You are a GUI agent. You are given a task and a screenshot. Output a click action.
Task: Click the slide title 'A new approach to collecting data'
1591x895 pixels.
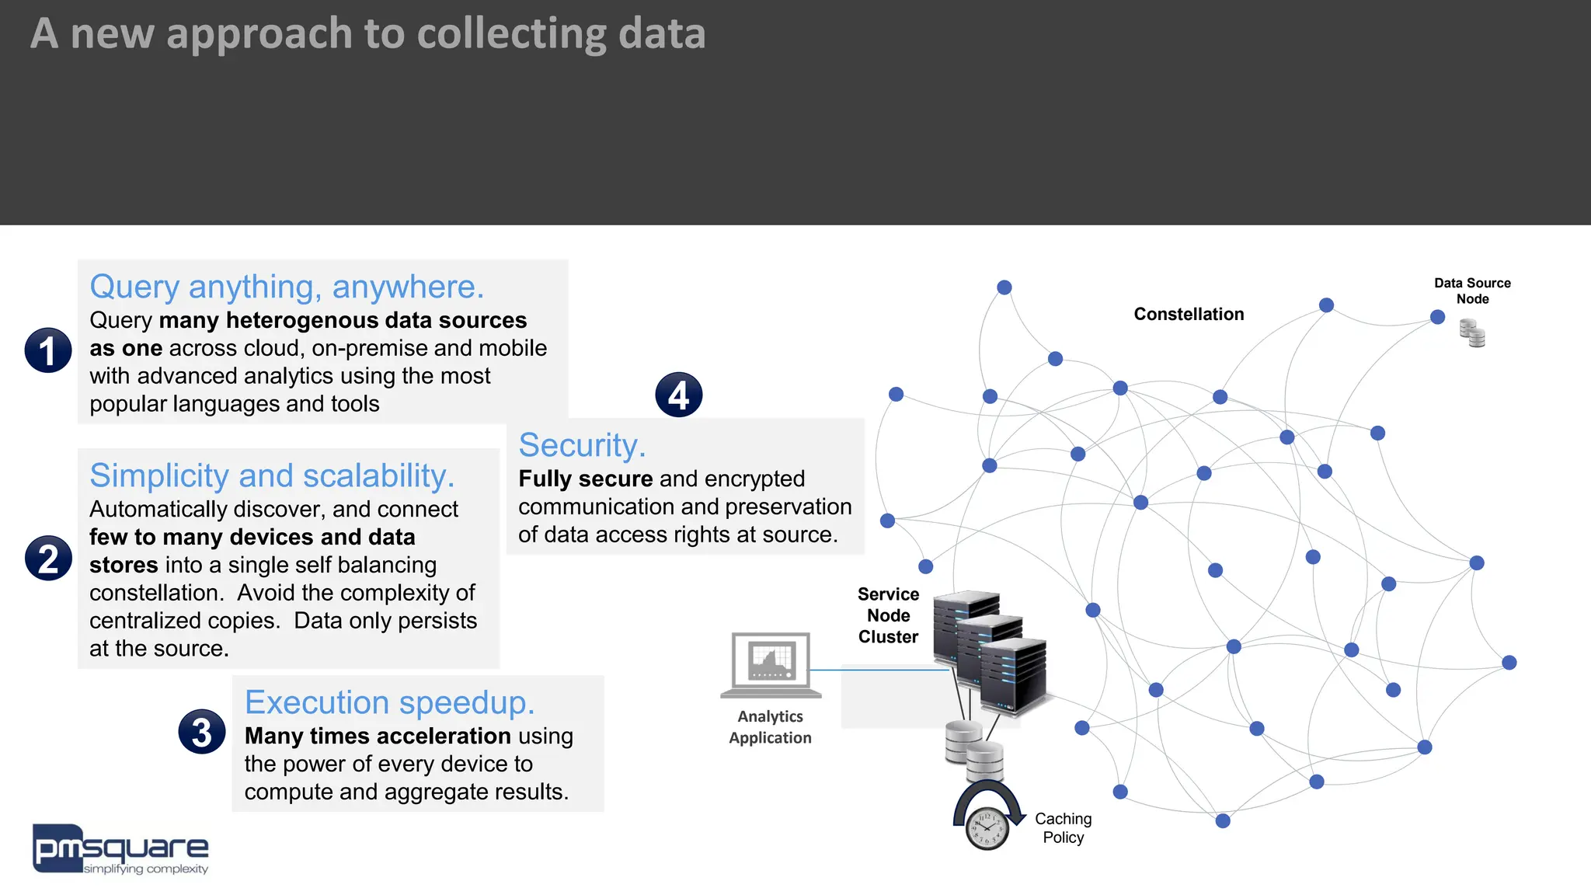click(x=367, y=34)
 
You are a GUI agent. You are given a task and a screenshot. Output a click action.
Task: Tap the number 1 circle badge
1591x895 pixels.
click(x=48, y=350)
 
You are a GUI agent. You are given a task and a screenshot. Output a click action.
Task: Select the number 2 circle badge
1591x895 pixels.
click(x=48, y=558)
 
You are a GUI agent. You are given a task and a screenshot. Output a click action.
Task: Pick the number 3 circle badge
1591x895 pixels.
click(x=202, y=732)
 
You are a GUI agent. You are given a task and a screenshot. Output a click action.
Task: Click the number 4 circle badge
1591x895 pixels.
click(x=678, y=395)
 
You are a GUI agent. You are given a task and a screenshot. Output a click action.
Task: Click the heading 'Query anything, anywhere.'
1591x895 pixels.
click(x=287, y=287)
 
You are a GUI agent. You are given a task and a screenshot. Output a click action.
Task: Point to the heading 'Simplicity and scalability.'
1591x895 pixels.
click(x=272, y=475)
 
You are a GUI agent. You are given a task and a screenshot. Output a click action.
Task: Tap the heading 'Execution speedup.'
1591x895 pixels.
click(x=389, y=702)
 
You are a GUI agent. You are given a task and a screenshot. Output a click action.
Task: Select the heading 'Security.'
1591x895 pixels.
click(x=582, y=445)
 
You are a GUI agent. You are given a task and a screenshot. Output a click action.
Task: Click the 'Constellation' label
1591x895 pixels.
click(x=1189, y=314)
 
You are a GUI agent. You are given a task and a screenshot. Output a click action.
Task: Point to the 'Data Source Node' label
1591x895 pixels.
click(x=1472, y=291)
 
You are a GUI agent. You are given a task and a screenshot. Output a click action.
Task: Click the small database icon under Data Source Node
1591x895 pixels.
click(x=1472, y=333)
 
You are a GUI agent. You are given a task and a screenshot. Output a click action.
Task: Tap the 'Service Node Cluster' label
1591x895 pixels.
click(x=888, y=615)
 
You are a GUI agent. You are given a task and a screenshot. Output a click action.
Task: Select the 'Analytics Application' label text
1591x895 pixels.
click(x=770, y=727)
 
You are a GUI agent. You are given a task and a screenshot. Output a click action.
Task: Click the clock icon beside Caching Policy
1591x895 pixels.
click(x=987, y=828)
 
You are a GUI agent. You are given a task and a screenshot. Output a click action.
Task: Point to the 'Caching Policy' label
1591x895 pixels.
click(x=1063, y=828)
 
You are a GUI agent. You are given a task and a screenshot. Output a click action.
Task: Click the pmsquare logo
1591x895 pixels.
click(x=120, y=849)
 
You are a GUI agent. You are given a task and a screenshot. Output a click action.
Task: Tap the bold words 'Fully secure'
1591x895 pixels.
click(x=585, y=479)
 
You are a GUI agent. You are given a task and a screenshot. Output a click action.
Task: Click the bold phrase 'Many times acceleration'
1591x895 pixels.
click(x=378, y=736)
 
